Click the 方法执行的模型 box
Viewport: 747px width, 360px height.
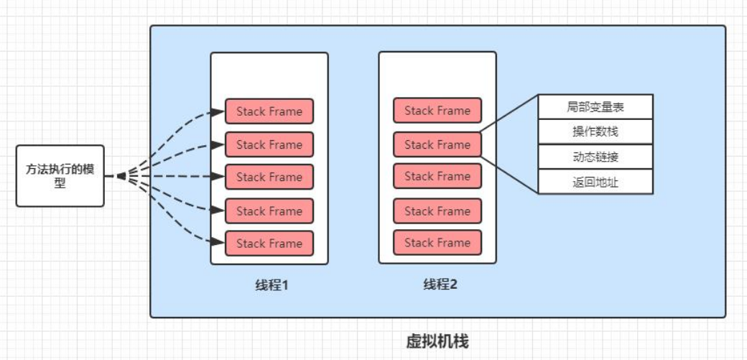(x=60, y=176)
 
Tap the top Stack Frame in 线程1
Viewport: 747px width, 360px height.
(x=269, y=111)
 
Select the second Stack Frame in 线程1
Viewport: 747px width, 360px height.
(x=269, y=144)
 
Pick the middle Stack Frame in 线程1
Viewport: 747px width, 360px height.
(x=269, y=177)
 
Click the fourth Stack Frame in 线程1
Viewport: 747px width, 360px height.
(x=269, y=211)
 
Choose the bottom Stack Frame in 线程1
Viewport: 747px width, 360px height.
(x=269, y=244)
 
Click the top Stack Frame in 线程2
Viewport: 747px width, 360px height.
(x=437, y=111)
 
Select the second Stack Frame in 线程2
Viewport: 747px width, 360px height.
(x=437, y=144)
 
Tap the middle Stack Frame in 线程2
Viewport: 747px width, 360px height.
(x=437, y=176)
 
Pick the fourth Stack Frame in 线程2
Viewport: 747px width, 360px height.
(x=437, y=211)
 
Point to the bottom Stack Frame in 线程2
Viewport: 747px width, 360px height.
(x=437, y=242)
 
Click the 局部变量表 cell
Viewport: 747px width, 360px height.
(x=595, y=107)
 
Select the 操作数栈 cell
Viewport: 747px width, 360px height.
(x=595, y=131)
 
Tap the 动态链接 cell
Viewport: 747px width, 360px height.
(x=595, y=157)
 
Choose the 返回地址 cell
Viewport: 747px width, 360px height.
(x=595, y=183)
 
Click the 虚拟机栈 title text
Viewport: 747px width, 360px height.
(x=437, y=341)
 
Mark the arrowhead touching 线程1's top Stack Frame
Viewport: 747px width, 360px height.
(x=220, y=111)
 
